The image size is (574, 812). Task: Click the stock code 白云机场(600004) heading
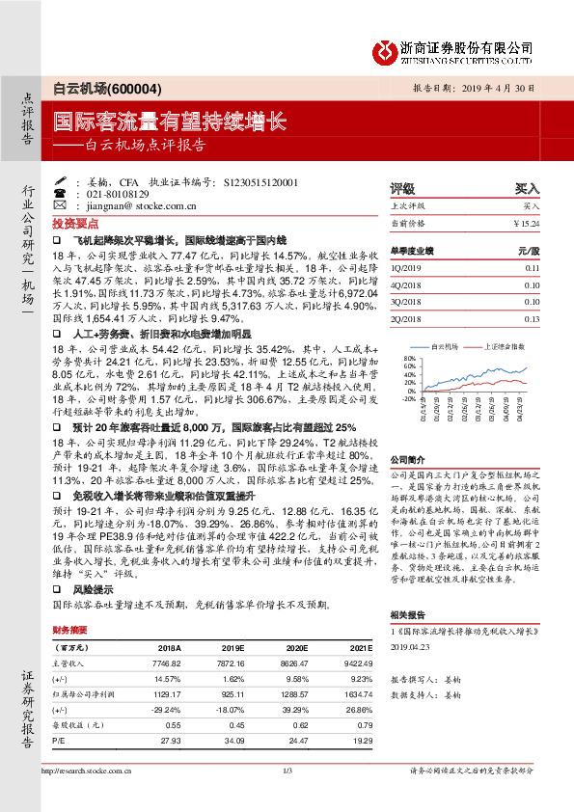pos(100,87)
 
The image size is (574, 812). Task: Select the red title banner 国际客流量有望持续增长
pos(169,122)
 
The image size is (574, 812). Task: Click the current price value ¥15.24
pos(526,223)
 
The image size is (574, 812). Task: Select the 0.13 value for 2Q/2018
pos(533,317)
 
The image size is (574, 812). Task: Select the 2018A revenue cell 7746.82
pos(169,664)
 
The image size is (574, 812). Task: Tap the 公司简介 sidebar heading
pos(406,460)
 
